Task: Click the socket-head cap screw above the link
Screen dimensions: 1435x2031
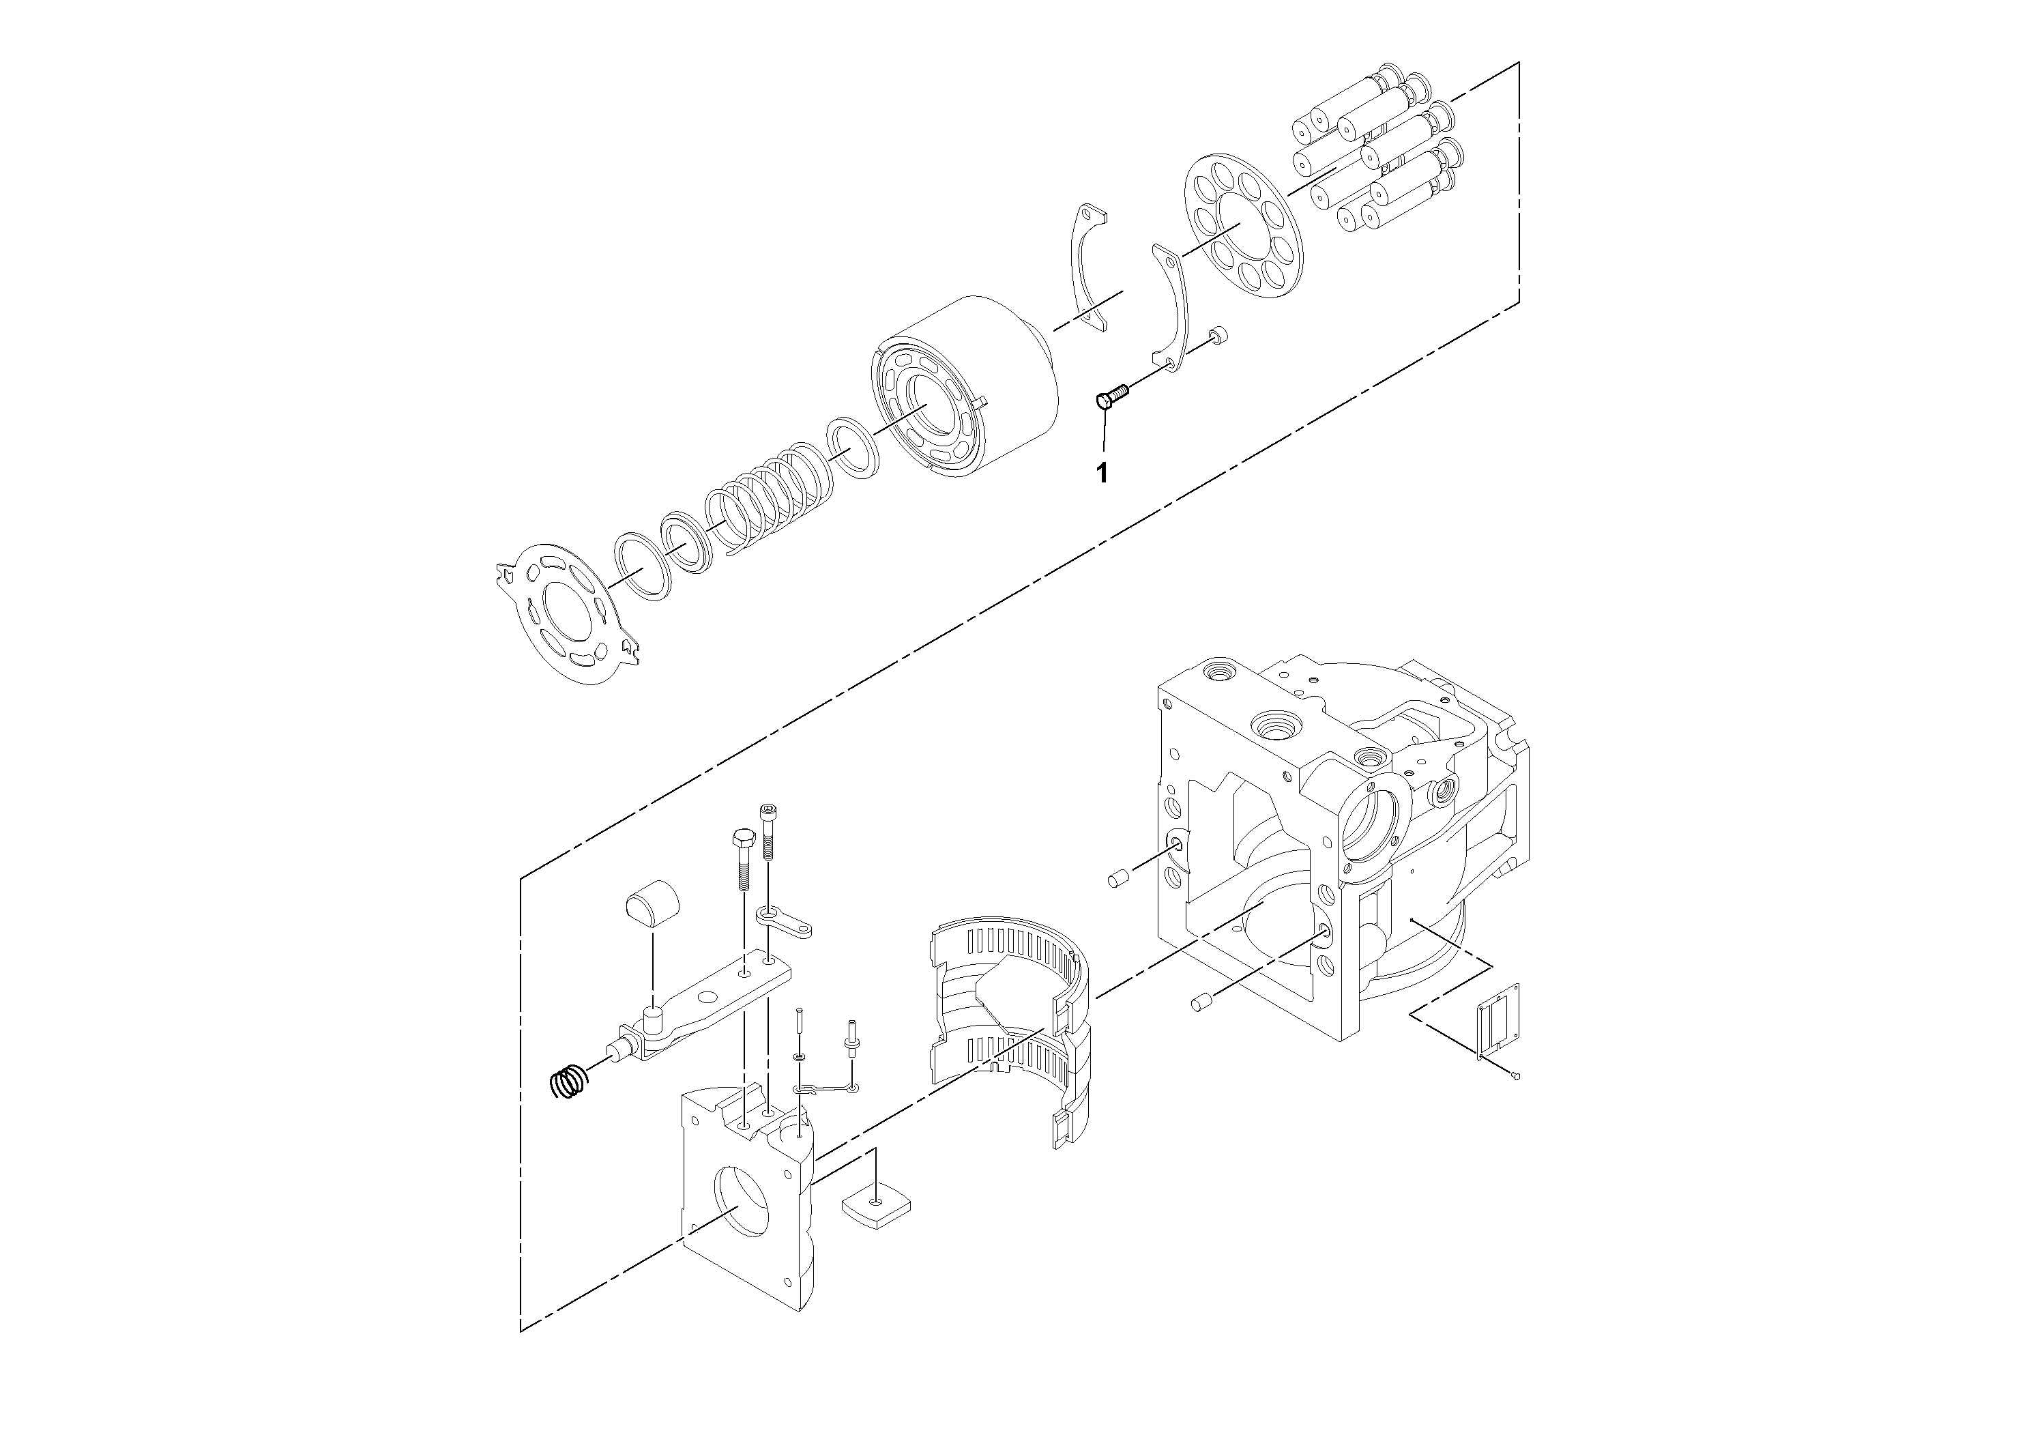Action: (768, 832)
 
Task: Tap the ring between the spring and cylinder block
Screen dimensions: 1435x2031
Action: (852, 450)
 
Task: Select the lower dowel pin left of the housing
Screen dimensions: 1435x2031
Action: (1200, 1002)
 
